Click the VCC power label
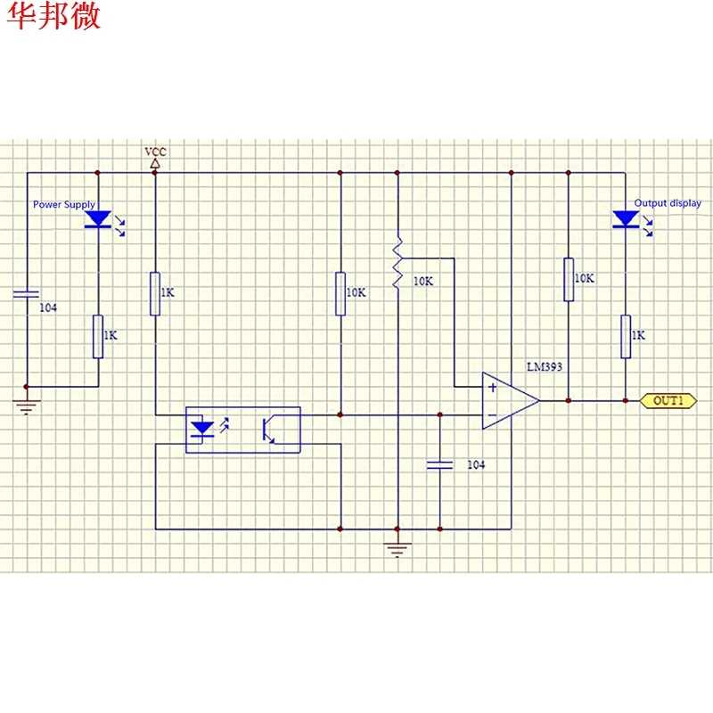coord(155,152)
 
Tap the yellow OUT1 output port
coord(668,400)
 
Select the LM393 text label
coord(545,366)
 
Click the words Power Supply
coord(64,205)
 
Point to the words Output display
coord(668,203)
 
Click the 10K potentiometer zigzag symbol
coord(397,263)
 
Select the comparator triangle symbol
coord(511,400)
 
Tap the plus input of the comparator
coord(493,388)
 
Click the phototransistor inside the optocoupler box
coord(268,430)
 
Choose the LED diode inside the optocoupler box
coord(202,430)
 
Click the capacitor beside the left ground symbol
coord(27,294)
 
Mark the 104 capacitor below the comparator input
coord(439,464)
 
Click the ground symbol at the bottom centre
coord(397,550)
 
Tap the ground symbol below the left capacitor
coord(27,407)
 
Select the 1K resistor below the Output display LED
coord(626,337)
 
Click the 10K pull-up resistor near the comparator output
coord(569,279)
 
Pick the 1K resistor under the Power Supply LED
coord(98,337)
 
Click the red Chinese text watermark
coord(53,15)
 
